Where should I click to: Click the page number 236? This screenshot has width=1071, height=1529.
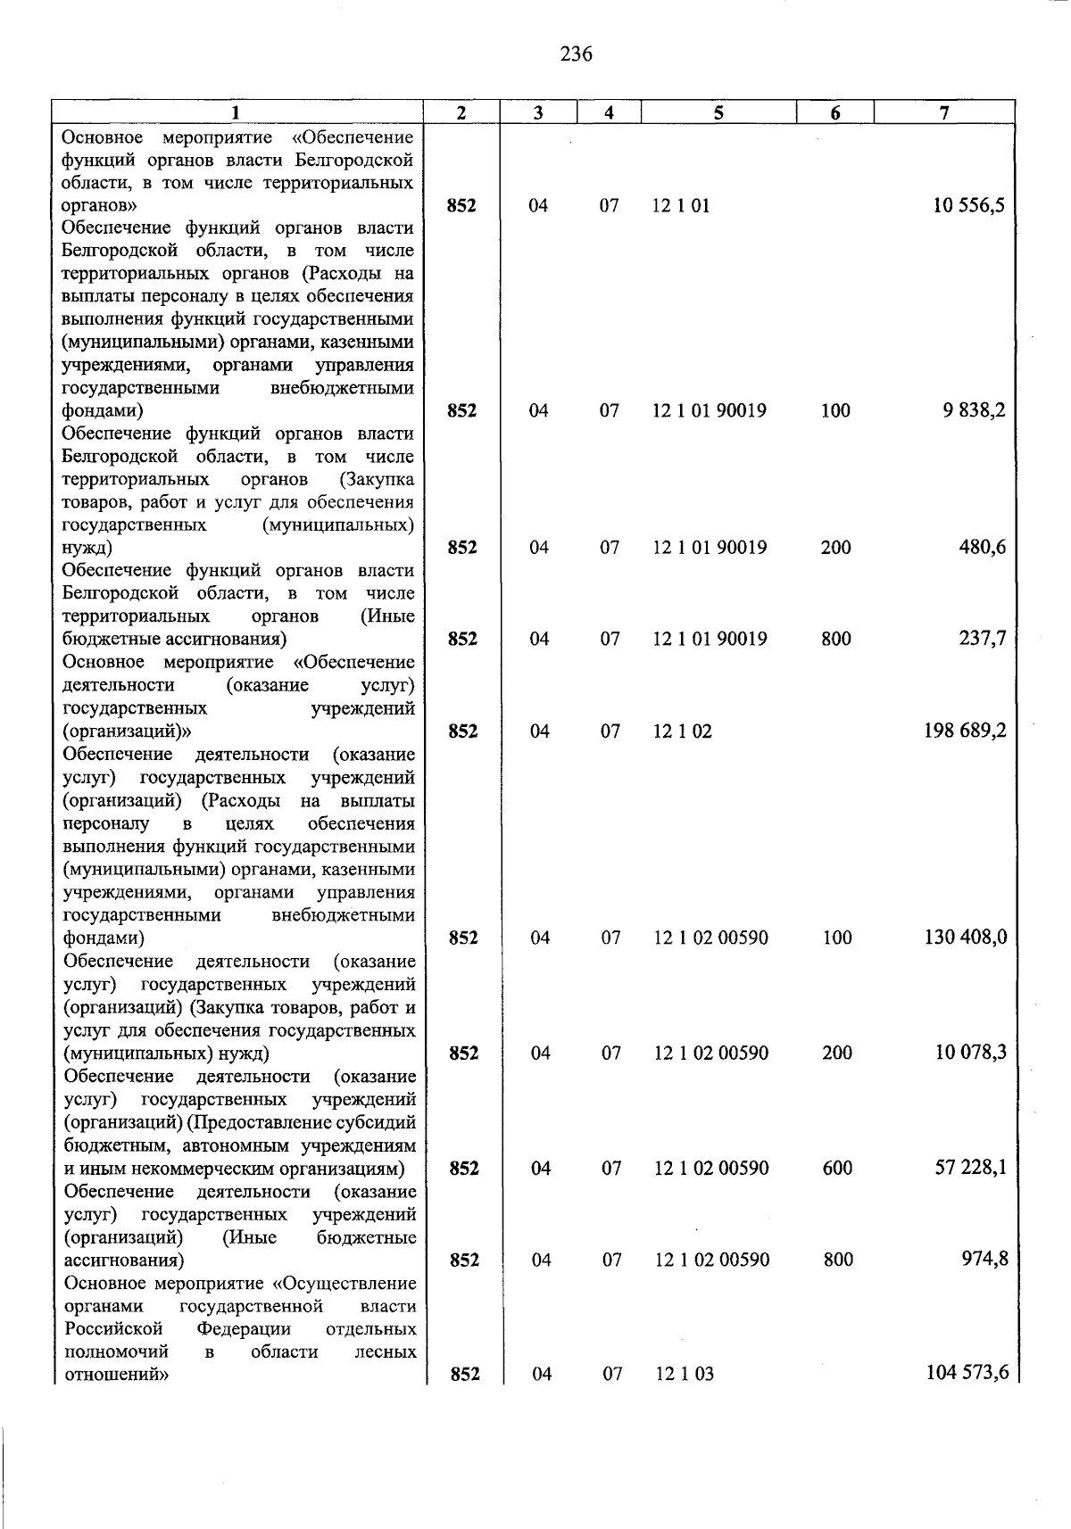[x=576, y=54]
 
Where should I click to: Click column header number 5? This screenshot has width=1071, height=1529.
[x=718, y=112]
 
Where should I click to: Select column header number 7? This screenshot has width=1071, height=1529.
[x=944, y=112]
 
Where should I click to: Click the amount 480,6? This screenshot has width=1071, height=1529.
[x=982, y=547]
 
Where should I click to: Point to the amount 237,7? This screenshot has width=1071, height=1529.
[x=982, y=639]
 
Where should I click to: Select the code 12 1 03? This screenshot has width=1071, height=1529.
[x=685, y=1374]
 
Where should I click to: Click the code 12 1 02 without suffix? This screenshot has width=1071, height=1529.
[x=683, y=731]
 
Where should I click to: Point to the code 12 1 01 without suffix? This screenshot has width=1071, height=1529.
[x=681, y=206]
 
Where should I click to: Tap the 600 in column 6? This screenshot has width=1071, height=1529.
[x=837, y=1168]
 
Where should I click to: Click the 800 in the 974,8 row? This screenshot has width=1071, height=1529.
[x=837, y=1260]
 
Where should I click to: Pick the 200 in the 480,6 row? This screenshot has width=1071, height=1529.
[x=835, y=548]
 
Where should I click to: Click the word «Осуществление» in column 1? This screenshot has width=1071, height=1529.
[x=345, y=1283]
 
